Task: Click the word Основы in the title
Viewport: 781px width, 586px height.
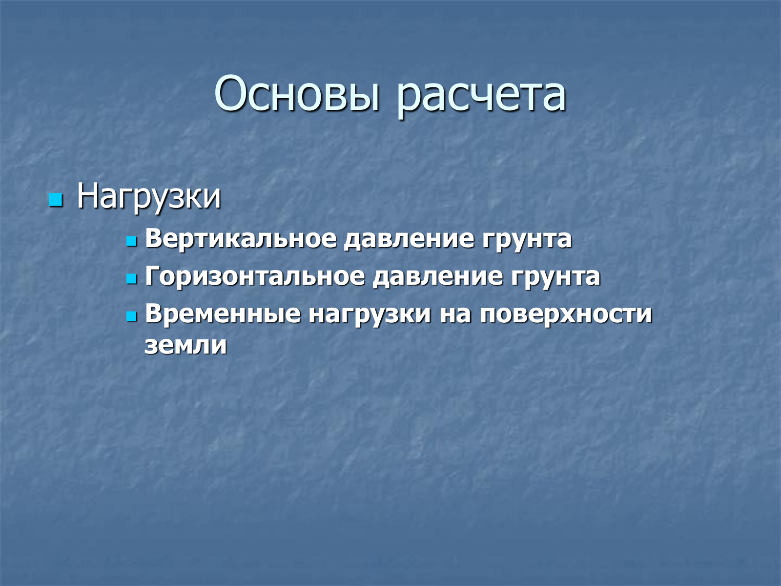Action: coord(297,94)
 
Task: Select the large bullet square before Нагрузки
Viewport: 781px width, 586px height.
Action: coord(56,200)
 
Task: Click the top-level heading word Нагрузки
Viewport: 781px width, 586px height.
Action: coord(149,197)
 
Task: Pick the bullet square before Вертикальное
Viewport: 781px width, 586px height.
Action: coord(132,241)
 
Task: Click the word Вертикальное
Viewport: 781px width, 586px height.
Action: coord(241,238)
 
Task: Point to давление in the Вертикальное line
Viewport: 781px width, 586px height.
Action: coord(409,239)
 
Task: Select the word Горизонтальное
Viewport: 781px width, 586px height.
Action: coord(255,276)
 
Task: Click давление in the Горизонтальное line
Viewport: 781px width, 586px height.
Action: coord(437,277)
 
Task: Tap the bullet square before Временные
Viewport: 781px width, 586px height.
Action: coord(132,316)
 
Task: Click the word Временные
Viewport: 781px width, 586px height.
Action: coord(223,314)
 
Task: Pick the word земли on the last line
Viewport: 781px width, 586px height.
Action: coord(185,345)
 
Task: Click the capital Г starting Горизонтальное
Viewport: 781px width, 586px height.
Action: coord(153,275)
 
